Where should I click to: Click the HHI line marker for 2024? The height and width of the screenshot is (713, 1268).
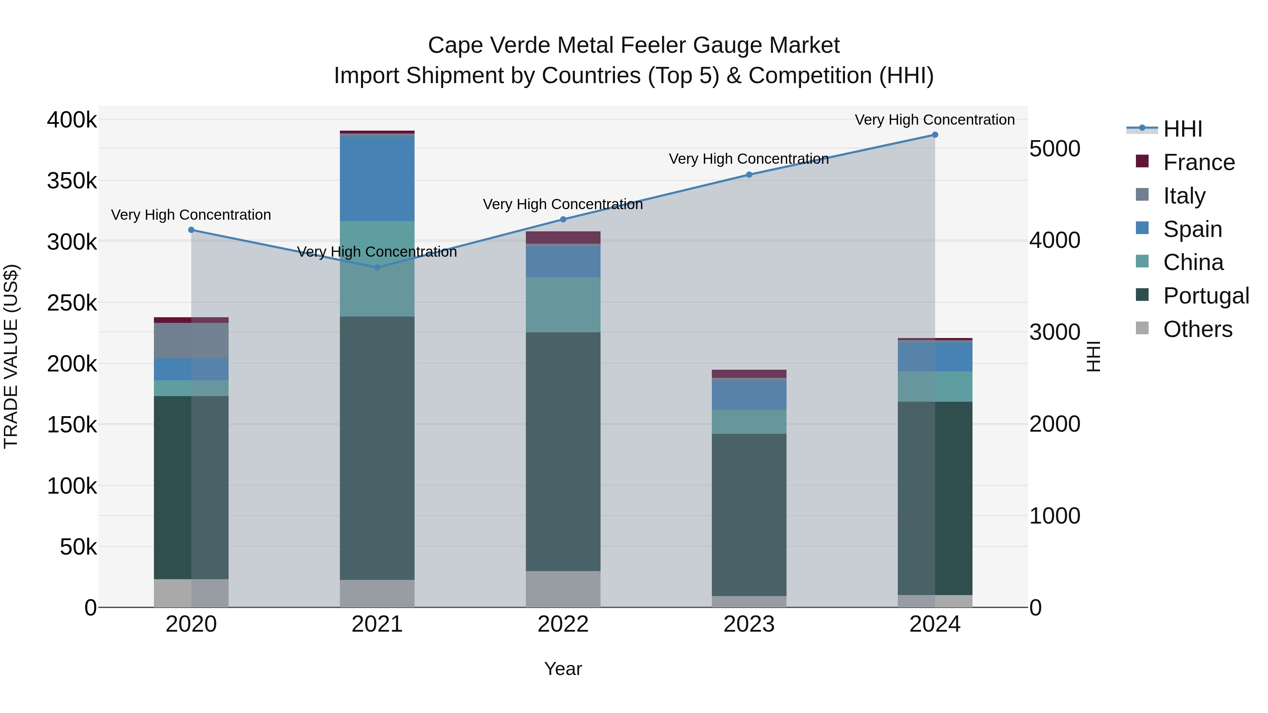(x=935, y=135)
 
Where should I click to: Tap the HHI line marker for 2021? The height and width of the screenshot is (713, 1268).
(x=377, y=268)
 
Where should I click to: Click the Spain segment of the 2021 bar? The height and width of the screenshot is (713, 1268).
(x=377, y=179)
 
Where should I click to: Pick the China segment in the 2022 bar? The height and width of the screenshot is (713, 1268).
(x=563, y=305)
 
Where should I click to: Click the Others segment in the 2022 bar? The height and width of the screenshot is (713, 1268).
(x=563, y=589)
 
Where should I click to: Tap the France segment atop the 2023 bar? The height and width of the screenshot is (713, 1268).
(x=749, y=374)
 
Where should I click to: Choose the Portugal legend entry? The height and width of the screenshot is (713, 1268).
(x=1206, y=296)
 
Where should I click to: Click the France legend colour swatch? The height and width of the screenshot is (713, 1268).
(x=1142, y=161)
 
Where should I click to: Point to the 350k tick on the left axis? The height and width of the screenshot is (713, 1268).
(x=72, y=181)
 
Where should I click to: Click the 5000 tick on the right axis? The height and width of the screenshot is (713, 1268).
(x=1054, y=149)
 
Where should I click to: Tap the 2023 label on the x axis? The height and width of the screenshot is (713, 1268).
(x=749, y=624)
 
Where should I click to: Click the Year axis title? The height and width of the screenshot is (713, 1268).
(x=563, y=669)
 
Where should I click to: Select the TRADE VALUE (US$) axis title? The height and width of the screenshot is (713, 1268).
(x=11, y=356)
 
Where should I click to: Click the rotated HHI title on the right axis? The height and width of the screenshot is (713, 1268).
(x=1093, y=356)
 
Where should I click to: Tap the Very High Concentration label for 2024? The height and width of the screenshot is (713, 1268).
(x=935, y=120)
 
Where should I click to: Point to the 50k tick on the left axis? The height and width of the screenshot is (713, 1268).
(x=78, y=547)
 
